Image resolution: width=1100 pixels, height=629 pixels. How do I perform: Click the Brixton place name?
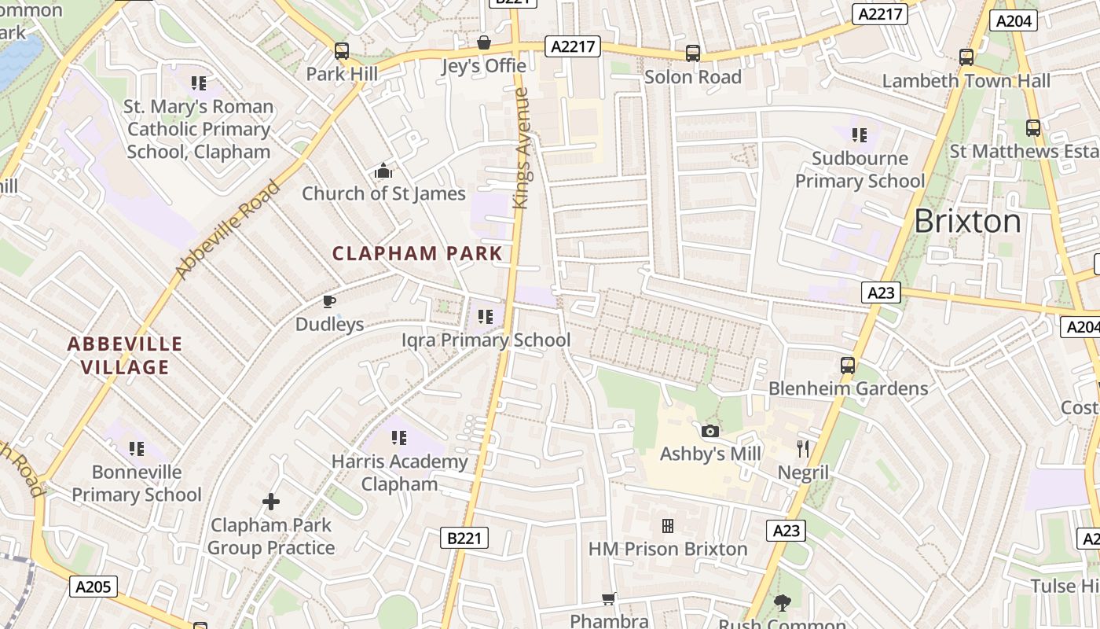click(x=967, y=222)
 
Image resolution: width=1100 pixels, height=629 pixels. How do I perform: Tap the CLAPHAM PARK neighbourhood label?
click(x=417, y=253)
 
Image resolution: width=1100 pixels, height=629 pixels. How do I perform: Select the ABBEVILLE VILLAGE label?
click(x=124, y=355)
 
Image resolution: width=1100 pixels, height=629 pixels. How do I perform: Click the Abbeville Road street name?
click(x=227, y=230)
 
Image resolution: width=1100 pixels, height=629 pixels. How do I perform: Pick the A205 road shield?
click(x=93, y=586)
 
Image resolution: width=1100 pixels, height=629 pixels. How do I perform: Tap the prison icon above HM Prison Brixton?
click(x=668, y=525)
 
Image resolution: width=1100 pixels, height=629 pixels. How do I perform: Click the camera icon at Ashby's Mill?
click(x=710, y=431)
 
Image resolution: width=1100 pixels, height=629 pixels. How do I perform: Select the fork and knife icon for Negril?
click(x=803, y=449)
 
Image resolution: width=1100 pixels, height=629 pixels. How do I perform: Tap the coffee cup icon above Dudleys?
click(x=329, y=301)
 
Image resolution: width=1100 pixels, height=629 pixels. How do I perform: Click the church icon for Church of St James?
click(x=383, y=171)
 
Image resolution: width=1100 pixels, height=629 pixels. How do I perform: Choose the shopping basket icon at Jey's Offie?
click(x=484, y=42)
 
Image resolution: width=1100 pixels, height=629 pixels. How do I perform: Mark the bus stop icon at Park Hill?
click(x=342, y=51)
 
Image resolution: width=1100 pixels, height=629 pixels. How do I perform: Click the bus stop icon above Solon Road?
click(x=692, y=53)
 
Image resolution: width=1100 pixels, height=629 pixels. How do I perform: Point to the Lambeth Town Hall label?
click(x=966, y=81)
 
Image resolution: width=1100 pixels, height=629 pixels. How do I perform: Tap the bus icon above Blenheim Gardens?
click(x=848, y=366)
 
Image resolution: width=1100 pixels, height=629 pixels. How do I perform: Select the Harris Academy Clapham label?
click(x=399, y=473)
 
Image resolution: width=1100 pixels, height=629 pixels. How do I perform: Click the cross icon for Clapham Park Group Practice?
click(x=271, y=501)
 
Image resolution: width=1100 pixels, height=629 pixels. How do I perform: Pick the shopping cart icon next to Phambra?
click(x=608, y=599)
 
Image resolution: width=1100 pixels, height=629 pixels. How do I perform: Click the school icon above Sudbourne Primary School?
click(x=860, y=135)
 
